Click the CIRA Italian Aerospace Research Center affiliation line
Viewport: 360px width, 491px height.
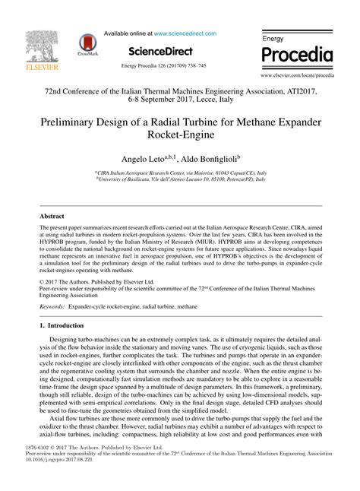180,173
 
